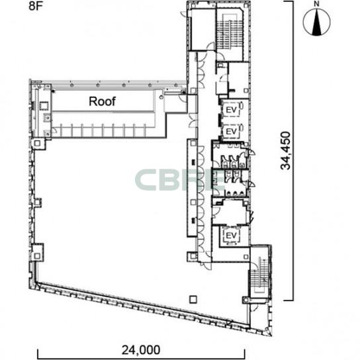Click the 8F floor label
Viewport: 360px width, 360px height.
(x=35, y=6)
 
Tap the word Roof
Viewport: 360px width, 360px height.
(x=102, y=101)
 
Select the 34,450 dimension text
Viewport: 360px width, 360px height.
(x=286, y=150)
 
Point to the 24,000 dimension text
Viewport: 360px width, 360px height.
(x=141, y=350)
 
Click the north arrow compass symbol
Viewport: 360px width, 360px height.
(x=316, y=22)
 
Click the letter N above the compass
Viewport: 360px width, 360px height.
(x=317, y=4)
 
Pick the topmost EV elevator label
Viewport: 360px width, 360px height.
(x=231, y=111)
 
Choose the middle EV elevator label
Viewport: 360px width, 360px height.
(x=231, y=132)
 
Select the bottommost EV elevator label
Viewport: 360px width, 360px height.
(x=231, y=236)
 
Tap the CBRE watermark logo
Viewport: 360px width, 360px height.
(x=179, y=180)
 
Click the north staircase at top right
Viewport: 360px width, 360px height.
(x=230, y=32)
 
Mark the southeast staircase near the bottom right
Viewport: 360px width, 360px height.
(x=259, y=273)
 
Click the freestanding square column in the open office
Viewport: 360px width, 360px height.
(x=193, y=299)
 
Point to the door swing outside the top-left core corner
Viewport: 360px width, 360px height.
(x=184, y=14)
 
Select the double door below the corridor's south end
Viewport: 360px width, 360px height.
(x=206, y=265)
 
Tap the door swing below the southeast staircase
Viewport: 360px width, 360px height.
(x=254, y=308)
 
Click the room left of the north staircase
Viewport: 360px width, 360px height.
(x=202, y=29)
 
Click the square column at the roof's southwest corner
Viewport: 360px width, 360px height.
(x=37, y=144)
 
